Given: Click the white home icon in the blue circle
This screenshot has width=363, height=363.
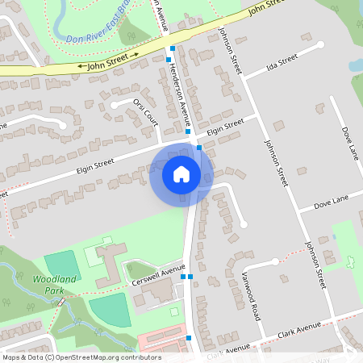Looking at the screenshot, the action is pos(181,173).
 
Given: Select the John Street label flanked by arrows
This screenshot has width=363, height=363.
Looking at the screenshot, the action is pos(108,63).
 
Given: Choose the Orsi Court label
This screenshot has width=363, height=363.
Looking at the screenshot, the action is pos(144,112).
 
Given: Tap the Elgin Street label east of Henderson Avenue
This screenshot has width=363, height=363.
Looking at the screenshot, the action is pos(224,127).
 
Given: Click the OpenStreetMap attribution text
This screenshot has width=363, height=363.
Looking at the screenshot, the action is pos(81,357).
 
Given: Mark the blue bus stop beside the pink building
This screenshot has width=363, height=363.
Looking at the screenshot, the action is pos(189,337).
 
